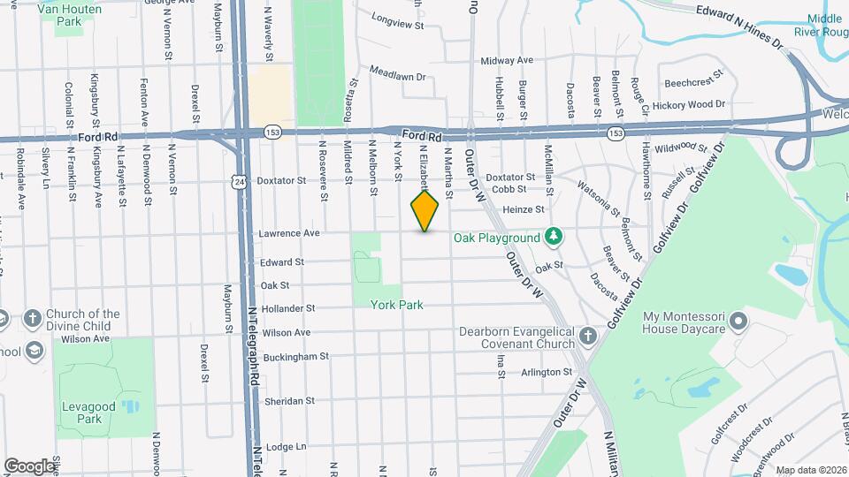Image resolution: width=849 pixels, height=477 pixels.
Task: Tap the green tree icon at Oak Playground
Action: click(x=553, y=236)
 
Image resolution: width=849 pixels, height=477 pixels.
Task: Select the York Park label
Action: click(x=397, y=305)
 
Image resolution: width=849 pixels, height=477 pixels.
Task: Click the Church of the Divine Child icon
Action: click(x=32, y=318)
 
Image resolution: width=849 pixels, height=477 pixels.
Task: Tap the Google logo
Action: click(x=29, y=466)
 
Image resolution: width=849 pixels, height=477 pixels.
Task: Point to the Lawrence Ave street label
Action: click(x=288, y=234)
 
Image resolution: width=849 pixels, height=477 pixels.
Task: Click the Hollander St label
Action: click(x=288, y=308)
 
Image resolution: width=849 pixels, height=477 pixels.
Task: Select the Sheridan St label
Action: click(x=289, y=401)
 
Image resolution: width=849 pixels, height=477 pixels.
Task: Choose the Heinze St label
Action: click(x=523, y=209)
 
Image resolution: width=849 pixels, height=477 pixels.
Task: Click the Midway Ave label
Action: click(x=507, y=60)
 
